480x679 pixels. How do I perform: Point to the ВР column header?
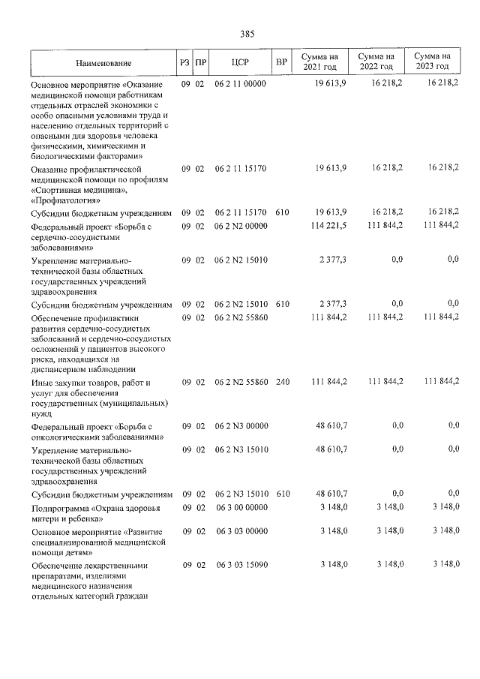click(x=281, y=63)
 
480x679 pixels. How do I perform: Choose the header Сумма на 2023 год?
click(x=432, y=62)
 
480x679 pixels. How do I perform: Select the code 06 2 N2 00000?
click(x=241, y=226)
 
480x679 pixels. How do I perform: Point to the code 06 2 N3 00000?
click(x=241, y=425)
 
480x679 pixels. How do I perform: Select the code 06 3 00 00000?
click(x=241, y=508)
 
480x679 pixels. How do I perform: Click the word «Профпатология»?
click(x=67, y=200)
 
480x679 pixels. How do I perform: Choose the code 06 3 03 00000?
click(x=241, y=530)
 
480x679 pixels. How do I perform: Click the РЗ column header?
click(x=184, y=63)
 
